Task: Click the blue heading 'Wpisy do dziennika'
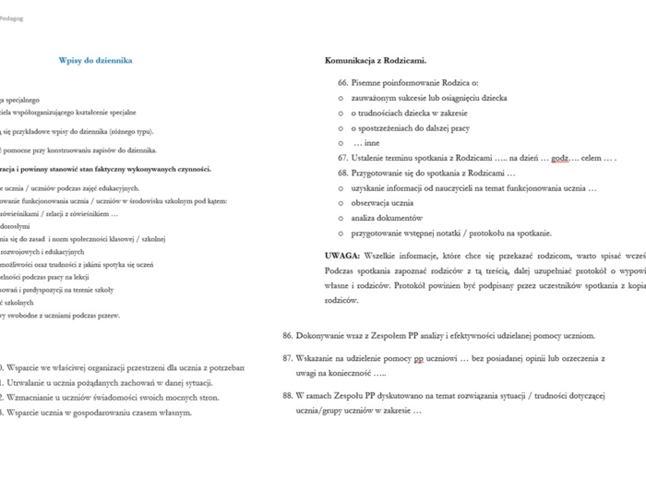point(95,61)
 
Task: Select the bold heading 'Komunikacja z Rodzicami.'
point(376,61)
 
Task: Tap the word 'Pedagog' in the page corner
point(12,18)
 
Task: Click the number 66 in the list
point(343,82)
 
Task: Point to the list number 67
point(343,158)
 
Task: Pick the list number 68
point(343,173)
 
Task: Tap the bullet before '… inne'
point(341,143)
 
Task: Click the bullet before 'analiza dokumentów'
point(341,218)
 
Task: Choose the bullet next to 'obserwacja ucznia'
point(341,203)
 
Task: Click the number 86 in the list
point(288,335)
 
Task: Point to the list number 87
point(288,356)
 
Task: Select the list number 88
point(288,394)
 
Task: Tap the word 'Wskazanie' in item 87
point(318,356)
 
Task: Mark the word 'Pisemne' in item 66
point(368,82)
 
